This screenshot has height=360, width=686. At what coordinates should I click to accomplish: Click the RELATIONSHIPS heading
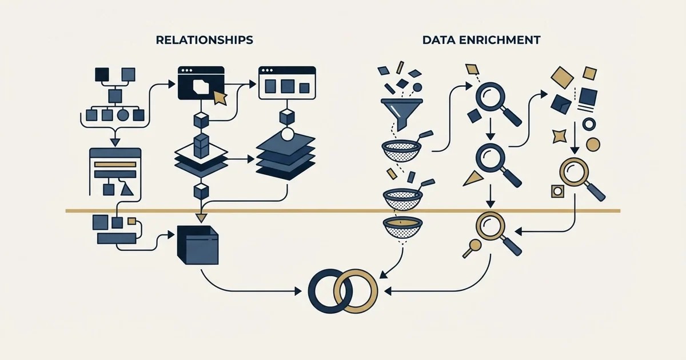(x=204, y=40)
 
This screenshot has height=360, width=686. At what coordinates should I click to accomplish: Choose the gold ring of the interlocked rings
(x=376, y=291)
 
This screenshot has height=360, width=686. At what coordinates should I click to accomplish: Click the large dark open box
(x=198, y=245)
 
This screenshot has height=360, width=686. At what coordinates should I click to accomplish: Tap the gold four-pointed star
(x=559, y=136)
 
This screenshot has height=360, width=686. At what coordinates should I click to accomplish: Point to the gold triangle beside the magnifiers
(x=473, y=178)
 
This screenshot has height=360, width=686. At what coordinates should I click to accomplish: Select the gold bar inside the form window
(x=115, y=165)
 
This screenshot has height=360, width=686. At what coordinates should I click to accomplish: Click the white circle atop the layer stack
(x=287, y=134)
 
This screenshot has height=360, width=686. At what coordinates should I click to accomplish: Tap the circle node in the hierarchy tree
(x=123, y=115)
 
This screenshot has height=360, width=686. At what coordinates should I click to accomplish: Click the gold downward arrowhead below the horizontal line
(x=201, y=218)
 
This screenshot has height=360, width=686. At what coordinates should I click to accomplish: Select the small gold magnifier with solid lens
(x=472, y=248)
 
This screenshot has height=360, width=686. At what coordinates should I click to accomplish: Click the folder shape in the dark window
(x=201, y=86)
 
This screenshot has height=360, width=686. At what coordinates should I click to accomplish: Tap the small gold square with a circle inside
(x=558, y=191)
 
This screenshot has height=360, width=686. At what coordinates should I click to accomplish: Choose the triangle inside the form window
(x=127, y=190)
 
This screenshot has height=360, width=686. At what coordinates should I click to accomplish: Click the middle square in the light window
(x=287, y=86)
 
